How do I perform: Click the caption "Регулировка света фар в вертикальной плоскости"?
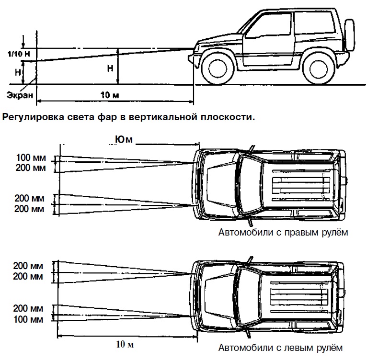pos(128,116)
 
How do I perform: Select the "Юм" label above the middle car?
pos(123,139)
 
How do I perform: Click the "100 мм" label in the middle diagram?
pos(29,157)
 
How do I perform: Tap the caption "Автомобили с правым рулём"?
pos(283,233)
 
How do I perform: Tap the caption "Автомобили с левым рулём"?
pos(281,347)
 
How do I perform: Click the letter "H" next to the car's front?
pos(111,68)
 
